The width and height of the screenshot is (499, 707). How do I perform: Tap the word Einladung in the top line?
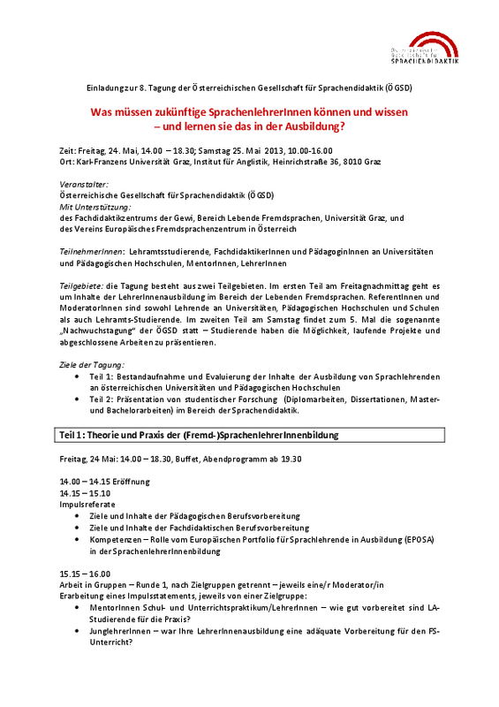(x=105, y=89)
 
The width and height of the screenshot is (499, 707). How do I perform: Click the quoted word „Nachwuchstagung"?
(x=102, y=330)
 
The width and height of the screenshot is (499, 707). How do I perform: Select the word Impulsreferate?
(x=89, y=504)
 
